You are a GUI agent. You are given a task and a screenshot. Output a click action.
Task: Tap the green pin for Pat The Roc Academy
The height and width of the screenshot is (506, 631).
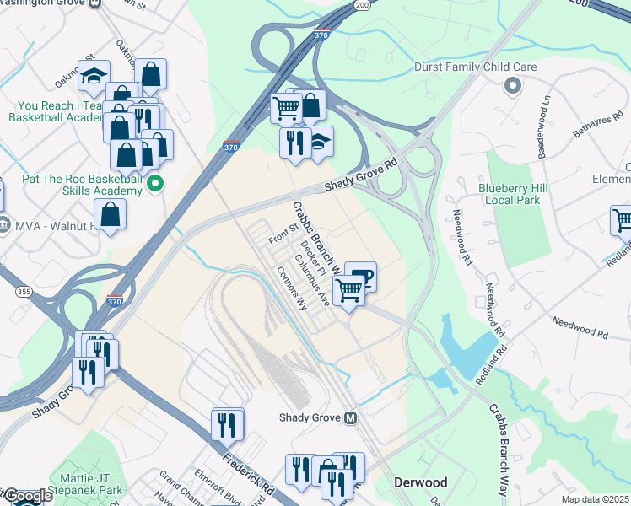click(x=154, y=183)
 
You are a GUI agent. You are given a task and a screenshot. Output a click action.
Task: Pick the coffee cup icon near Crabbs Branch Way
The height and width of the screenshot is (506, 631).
click(x=361, y=276)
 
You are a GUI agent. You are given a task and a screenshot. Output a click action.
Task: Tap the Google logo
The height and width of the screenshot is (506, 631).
click(x=27, y=497)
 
